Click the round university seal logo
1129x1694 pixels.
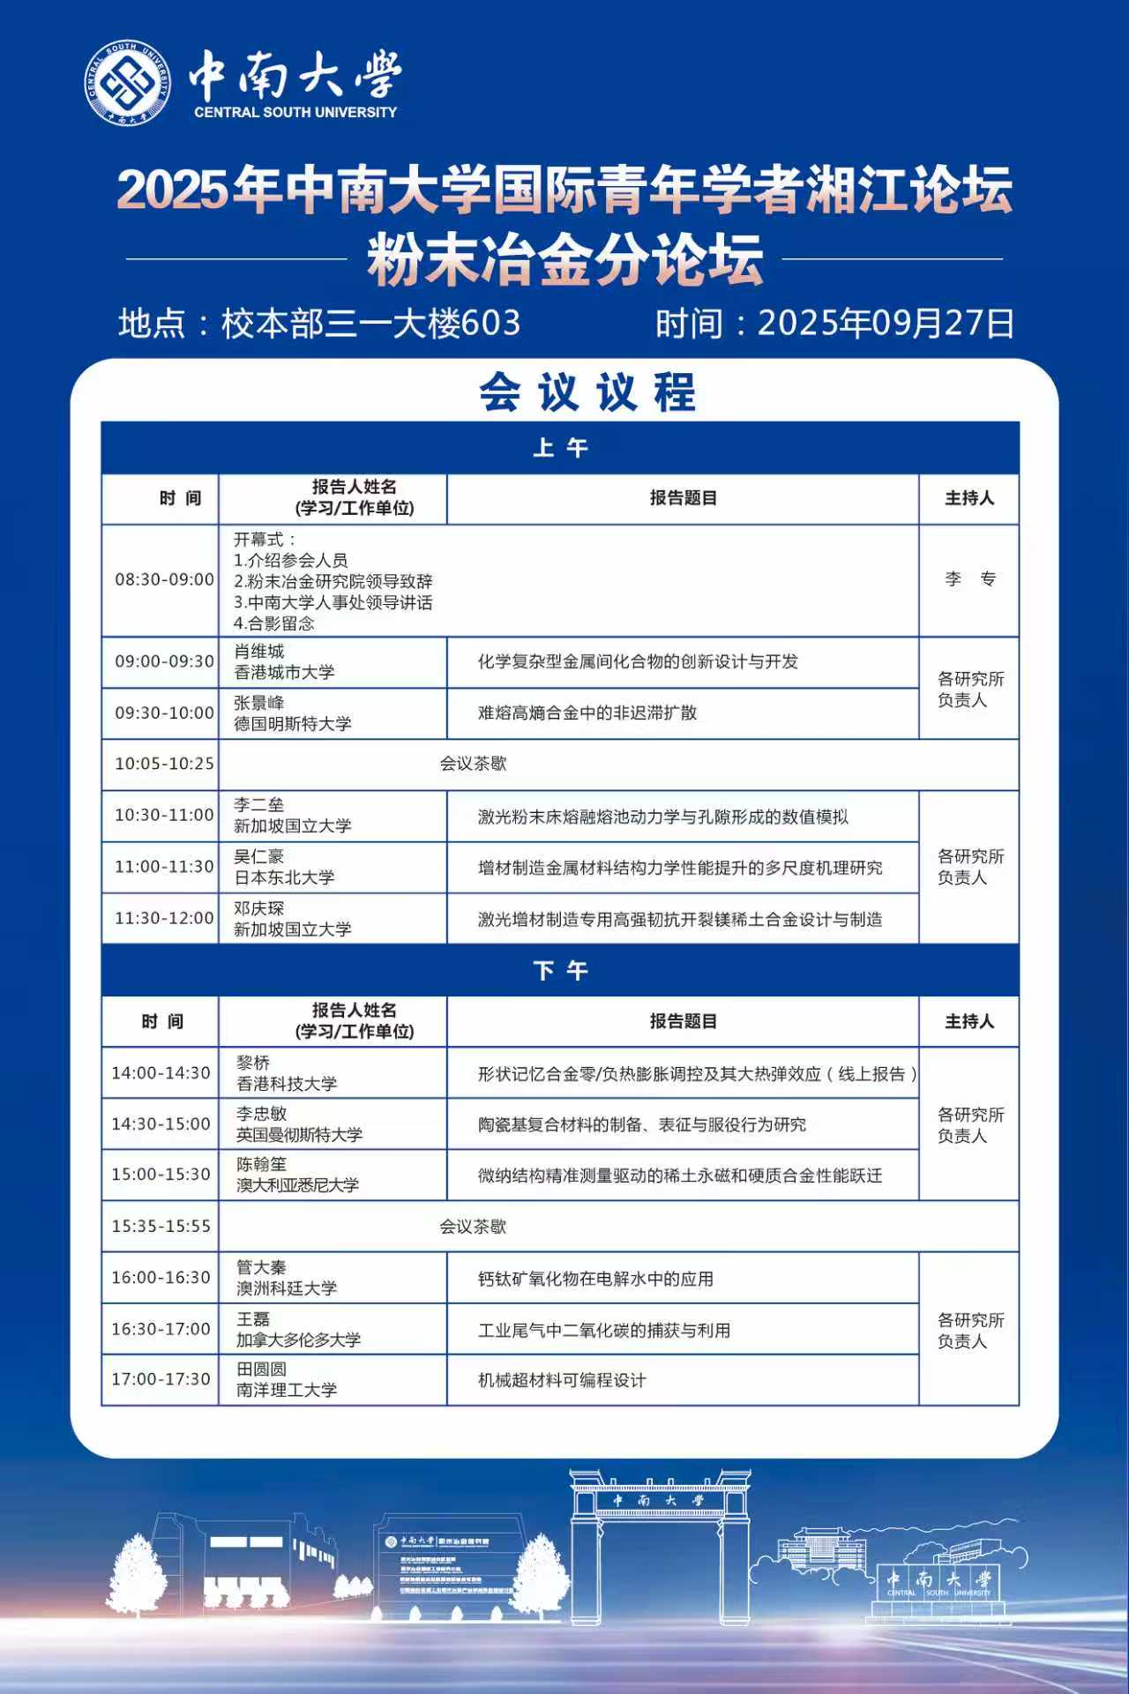[128, 83]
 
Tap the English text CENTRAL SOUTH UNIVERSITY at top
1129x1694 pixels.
[295, 113]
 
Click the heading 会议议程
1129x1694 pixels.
[587, 392]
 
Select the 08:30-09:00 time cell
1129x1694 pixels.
[164, 579]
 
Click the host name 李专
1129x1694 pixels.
[969, 579]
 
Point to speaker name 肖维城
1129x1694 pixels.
[259, 652]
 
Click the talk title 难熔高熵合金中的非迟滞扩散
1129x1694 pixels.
[587, 713]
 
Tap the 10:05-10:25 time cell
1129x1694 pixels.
[164, 764]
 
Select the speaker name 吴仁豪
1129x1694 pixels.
[259, 856]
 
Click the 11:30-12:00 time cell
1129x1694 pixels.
[164, 918]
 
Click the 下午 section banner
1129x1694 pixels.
[561, 971]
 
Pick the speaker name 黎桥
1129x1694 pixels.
[253, 1063]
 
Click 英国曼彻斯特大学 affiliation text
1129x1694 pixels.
[299, 1135]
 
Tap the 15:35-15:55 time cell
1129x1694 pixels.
[161, 1226]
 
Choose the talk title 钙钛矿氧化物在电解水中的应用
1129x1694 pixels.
[595, 1279]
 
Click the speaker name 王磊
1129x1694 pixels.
[253, 1319]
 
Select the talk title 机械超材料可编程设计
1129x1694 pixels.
[562, 1380]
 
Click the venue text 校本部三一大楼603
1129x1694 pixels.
[370, 324]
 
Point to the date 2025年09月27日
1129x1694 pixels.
[886, 324]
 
